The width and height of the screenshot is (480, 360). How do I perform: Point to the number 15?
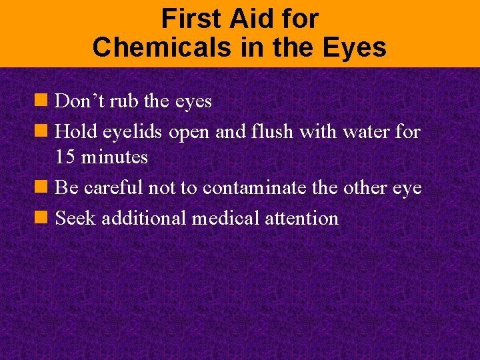65,157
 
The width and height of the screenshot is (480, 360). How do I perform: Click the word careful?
113,188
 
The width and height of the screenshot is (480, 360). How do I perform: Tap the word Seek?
74,218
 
